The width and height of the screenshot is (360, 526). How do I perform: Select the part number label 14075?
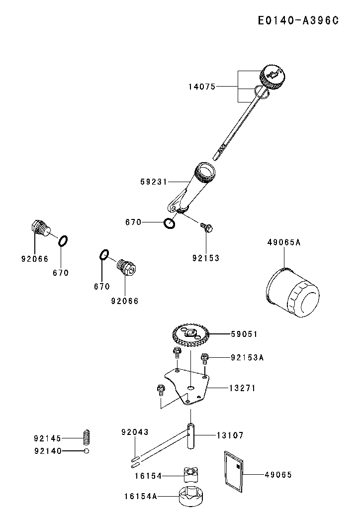coord(201,87)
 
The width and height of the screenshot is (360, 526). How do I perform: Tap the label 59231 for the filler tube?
coord(154,182)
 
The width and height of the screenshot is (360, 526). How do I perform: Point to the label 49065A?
coord(284,243)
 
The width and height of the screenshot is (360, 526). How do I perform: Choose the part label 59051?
coord(244,334)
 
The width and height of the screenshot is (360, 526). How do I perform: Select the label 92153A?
coord(247,357)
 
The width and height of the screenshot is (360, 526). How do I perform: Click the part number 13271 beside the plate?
coord(242,388)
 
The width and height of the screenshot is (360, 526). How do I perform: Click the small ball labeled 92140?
coord(86,451)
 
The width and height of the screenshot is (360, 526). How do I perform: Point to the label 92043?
coord(135,432)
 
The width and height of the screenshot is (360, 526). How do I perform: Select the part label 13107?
coord(230,435)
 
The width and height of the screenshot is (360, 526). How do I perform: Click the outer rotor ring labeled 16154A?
coord(192,496)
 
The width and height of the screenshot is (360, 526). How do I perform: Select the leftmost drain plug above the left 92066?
coord(38,228)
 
